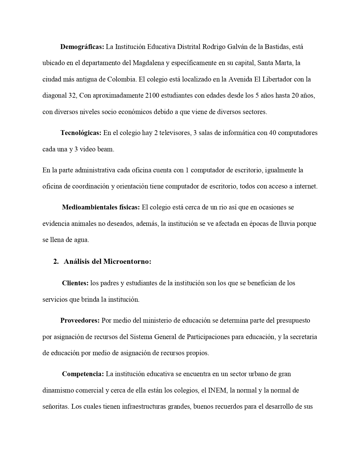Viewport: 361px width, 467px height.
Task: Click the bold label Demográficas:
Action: tap(82, 47)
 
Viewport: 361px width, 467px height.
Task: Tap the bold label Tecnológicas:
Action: tap(81, 133)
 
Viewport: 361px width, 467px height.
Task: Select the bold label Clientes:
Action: tap(75, 283)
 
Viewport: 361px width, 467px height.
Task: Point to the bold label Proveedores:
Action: tap(80, 321)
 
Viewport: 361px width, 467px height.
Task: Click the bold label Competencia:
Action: tap(83, 374)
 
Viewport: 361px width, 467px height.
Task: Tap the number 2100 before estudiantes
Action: tap(152, 96)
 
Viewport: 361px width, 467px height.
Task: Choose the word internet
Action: tap(306, 187)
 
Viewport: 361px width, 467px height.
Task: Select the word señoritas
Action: tap(55, 407)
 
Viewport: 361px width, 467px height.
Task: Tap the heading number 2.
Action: tap(56, 262)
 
